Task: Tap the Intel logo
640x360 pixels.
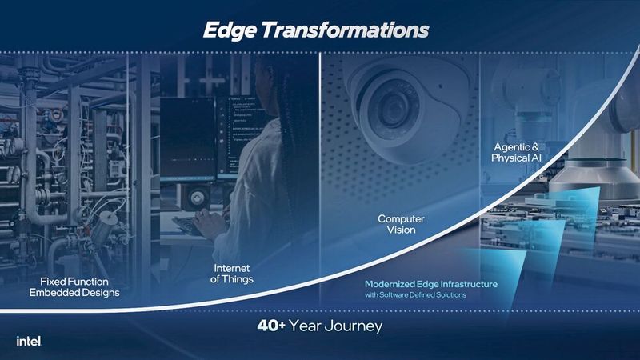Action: pos(29,341)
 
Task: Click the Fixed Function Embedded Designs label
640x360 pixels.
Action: pos(74,286)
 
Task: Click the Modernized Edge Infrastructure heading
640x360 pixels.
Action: pos(431,284)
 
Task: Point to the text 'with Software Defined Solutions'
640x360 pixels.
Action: pos(415,296)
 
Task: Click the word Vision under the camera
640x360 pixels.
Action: pos(402,230)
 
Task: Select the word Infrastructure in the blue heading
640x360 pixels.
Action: pos(463,284)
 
